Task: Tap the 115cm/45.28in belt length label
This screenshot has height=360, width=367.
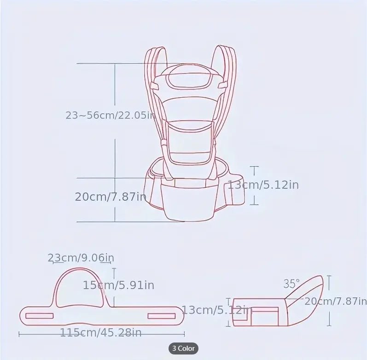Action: [x=101, y=333]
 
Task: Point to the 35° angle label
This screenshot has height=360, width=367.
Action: [x=291, y=284]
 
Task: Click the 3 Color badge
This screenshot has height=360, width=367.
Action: [x=183, y=348]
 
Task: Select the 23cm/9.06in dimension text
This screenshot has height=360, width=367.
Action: [x=81, y=258]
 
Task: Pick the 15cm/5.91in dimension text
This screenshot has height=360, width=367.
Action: [x=118, y=285]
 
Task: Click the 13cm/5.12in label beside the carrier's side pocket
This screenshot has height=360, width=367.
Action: [x=263, y=185]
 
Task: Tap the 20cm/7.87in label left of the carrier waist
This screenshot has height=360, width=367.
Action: [x=111, y=197]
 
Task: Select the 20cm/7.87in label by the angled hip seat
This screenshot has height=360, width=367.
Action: [x=335, y=302]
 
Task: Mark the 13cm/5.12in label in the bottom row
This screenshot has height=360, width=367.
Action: [x=216, y=310]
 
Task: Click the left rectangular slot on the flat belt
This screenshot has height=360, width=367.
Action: [x=39, y=316]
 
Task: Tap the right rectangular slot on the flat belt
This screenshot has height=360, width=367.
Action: [x=162, y=316]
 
